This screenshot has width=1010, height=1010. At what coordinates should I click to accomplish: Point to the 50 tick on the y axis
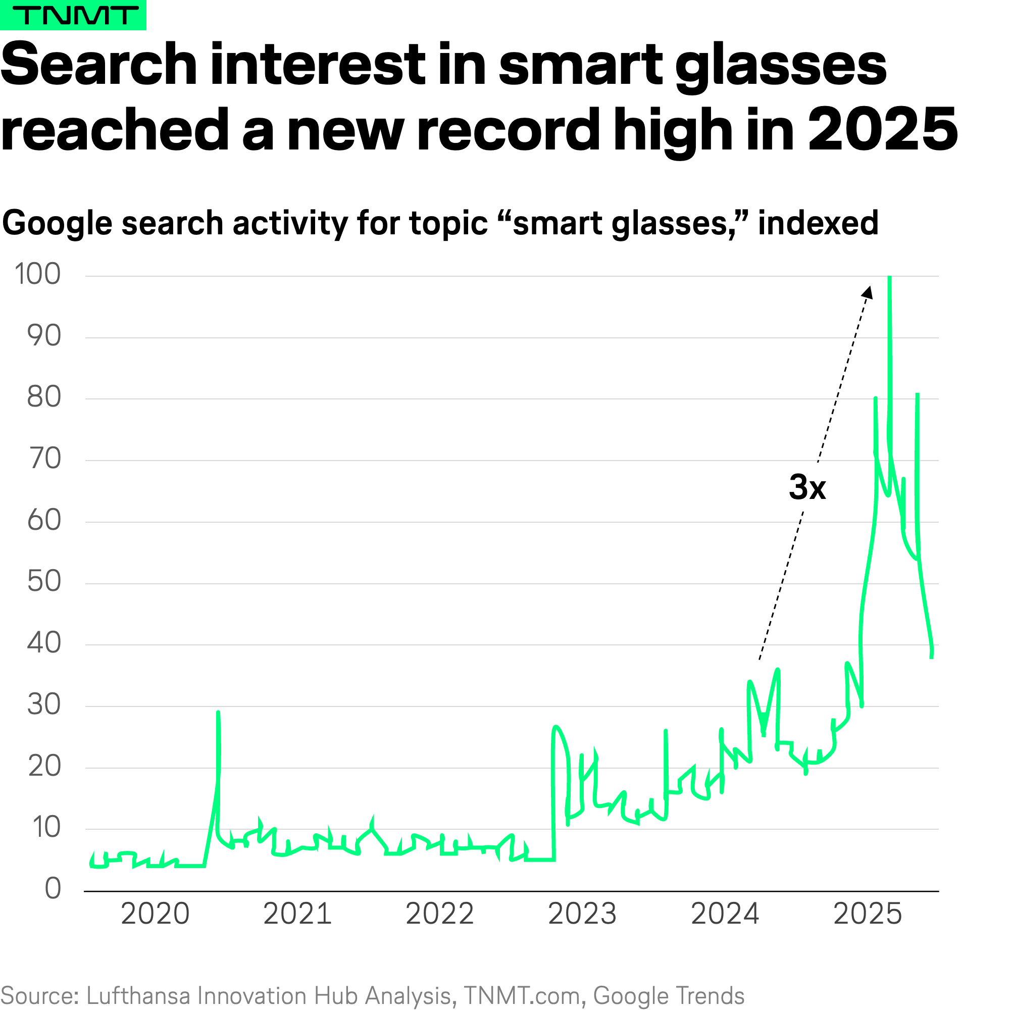click(44, 581)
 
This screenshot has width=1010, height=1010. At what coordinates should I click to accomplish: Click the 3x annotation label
click(807, 487)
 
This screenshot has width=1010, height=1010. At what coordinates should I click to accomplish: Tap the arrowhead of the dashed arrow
click(868, 292)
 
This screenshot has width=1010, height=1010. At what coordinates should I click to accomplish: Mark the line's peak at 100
click(889, 277)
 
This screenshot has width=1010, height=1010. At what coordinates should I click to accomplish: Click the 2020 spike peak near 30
click(218, 713)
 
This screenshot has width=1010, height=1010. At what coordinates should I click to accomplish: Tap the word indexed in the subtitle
click(818, 223)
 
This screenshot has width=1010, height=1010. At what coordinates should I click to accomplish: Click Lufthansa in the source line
click(137, 995)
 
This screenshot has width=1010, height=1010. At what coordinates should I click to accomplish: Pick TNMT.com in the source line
click(522, 995)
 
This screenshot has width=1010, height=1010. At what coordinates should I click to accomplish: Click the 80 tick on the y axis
click(44, 397)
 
